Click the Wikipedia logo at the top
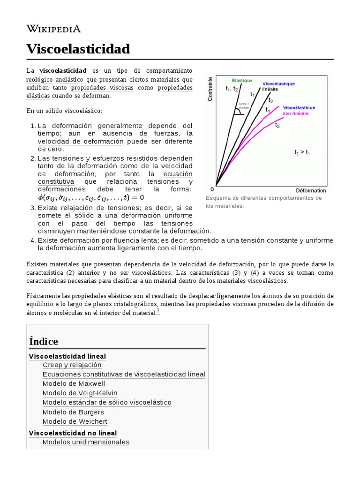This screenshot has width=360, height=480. (53, 29)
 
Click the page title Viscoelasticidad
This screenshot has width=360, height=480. (78, 49)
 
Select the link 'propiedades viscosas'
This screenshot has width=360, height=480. (102, 88)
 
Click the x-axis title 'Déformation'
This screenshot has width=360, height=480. (311, 190)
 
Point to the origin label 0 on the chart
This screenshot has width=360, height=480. (212, 189)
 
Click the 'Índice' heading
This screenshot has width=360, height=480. (44, 341)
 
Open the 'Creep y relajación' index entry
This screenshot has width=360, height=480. (72, 365)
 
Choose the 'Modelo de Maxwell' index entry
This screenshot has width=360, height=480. (74, 384)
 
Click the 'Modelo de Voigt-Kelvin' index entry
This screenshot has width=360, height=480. (80, 393)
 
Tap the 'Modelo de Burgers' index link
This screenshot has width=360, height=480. (73, 412)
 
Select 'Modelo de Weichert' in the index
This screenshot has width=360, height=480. (75, 421)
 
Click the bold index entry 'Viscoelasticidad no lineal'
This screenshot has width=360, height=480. (73, 433)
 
